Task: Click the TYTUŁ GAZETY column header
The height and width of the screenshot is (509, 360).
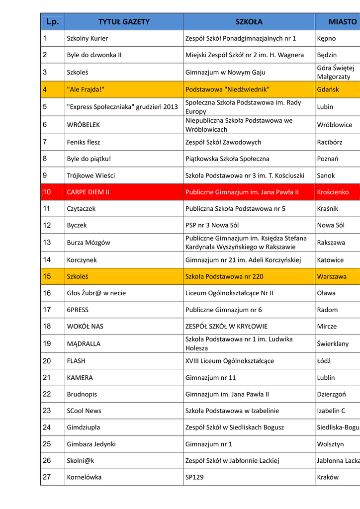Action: coord(124,22)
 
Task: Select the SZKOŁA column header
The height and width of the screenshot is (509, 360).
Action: coord(249,22)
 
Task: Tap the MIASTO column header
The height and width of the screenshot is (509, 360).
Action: coord(342,22)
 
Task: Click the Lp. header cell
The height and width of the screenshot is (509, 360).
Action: coord(53,22)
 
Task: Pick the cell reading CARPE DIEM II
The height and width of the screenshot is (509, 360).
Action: coord(88,192)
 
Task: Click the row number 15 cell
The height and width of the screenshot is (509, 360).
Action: coord(47,276)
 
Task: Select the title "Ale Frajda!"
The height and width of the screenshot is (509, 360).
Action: coord(86,89)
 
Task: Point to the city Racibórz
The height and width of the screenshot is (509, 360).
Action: coord(330,142)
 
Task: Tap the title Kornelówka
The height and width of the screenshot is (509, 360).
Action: coord(84,477)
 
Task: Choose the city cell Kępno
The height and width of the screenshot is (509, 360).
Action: coord(326,38)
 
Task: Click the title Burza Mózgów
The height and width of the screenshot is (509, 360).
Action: coord(89,243)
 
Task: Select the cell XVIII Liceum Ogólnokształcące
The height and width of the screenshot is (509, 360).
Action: coord(229,361)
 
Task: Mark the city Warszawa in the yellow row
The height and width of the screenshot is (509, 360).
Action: coord(332,276)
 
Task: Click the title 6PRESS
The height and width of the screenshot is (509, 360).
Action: coord(78,310)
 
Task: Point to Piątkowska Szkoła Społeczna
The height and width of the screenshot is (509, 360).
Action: coord(227,159)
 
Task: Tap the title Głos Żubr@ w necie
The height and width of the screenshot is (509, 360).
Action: coord(96,293)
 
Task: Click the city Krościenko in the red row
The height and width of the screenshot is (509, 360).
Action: coord(333,192)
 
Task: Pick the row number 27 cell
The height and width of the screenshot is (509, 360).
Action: coord(47,477)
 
